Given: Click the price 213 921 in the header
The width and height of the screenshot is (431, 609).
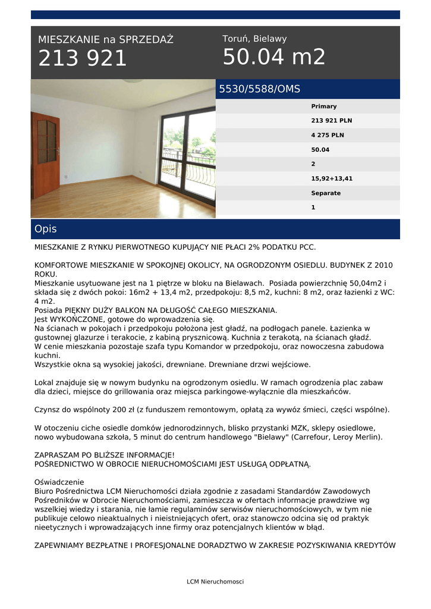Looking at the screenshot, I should pos(83,59).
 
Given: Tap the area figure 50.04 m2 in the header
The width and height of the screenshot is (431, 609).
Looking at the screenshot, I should pos(274,57).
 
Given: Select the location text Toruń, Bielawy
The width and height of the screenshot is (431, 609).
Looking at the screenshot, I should pos(254,39).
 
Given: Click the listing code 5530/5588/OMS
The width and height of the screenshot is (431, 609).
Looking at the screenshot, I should pos(260,89).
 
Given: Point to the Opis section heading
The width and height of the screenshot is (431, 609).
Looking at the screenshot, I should pos(46,229).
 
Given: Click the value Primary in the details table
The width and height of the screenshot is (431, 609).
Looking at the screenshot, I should pos(324,106).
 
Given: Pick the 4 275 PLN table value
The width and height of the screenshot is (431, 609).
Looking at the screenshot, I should pos(328,135).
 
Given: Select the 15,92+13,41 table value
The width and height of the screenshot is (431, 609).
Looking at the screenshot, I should pos(332,178).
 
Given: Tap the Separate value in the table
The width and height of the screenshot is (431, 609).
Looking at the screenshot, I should pos(326,193).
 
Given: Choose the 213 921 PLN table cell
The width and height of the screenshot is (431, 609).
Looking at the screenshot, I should pos(332,121).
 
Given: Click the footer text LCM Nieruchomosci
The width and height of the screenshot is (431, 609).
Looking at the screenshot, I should pos(215,582).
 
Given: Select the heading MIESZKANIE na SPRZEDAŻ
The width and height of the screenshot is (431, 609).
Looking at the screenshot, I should pos(106,40).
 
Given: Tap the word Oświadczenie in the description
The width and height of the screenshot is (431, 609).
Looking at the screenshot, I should pos(59,482).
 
